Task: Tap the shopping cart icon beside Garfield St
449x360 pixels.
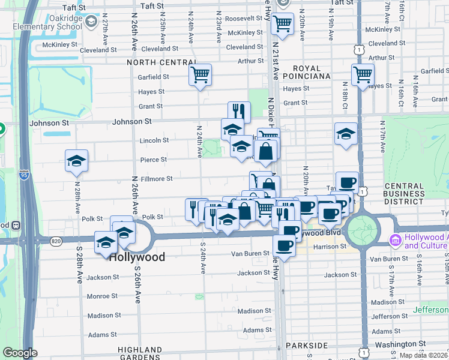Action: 200,75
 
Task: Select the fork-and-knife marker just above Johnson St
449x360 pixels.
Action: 239,112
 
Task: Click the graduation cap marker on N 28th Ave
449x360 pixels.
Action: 77,161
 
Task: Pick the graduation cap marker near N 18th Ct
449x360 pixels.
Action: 346,134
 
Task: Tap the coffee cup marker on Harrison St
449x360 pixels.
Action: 284,245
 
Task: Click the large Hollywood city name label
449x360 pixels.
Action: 136,256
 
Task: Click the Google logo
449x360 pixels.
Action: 20,353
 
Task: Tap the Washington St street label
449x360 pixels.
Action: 405,344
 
